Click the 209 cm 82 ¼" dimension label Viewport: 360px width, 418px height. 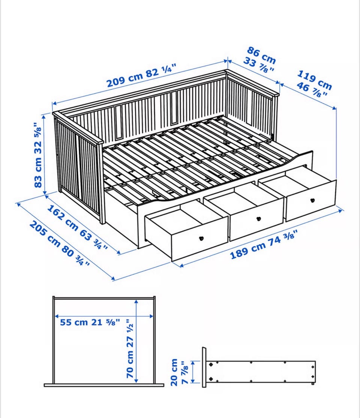tap(141, 75)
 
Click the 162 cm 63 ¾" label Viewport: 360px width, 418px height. tap(77, 227)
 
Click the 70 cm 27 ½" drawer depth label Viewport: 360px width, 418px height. tap(130, 349)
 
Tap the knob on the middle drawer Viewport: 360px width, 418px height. tap(258, 219)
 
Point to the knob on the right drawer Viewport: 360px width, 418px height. tap(312, 200)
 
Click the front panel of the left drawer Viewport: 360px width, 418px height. tap(199, 238)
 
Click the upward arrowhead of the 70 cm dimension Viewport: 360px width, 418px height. tap(136, 302)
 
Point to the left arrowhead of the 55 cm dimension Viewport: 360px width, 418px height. tap(57, 316)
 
